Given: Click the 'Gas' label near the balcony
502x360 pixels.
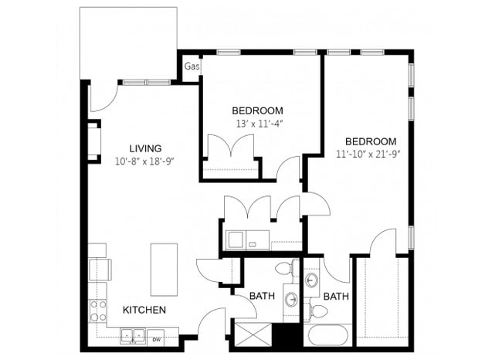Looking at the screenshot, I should point(191,67).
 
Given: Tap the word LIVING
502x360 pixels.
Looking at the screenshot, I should point(145,148).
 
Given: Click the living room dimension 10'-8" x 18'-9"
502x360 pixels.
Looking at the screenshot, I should point(145,161).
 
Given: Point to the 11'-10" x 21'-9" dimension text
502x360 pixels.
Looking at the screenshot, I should point(371,154).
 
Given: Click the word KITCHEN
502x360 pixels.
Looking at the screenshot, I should point(144,310).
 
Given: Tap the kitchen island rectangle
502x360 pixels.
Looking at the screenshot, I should point(163,270).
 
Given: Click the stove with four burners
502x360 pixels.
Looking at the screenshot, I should point(99,311).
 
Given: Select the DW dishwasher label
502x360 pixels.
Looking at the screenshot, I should point(157,338).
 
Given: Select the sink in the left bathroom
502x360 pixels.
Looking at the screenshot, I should point(291,298).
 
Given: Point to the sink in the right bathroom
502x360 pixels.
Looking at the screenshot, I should point(312,280).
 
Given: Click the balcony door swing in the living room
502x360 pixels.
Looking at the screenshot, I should point(102,97).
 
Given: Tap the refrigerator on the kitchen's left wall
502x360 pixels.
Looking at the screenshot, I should point(99,269).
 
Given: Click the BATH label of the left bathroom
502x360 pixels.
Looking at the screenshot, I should point(259,296).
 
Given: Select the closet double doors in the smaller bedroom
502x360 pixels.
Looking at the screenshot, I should point(232,147).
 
